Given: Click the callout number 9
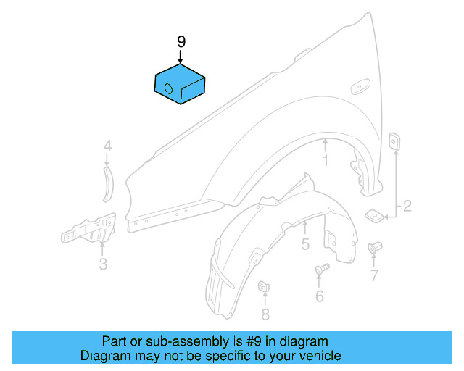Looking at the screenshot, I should pyautogui.click(x=181, y=41).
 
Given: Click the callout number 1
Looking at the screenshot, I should pyautogui.click(x=326, y=161).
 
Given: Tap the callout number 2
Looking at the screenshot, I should pyautogui.click(x=407, y=207).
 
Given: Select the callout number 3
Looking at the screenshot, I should pyautogui.click(x=103, y=264).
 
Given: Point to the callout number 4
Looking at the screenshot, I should pyautogui.click(x=107, y=147).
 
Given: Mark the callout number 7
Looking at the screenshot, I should pyautogui.click(x=374, y=275).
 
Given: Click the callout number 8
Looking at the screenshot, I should pyautogui.click(x=265, y=314).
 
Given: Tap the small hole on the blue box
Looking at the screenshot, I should pyautogui.click(x=168, y=89).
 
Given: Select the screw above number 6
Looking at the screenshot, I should pyautogui.click(x=321, y=270).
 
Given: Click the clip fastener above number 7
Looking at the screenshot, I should pyautogui.click(x=375, y=249).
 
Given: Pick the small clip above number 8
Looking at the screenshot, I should pyautogui.click(x=265, y=287).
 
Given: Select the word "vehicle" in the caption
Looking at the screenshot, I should pyautogui.click(x=320, y=356).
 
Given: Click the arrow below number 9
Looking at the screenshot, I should pyautogui.click(x=181, y=57).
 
